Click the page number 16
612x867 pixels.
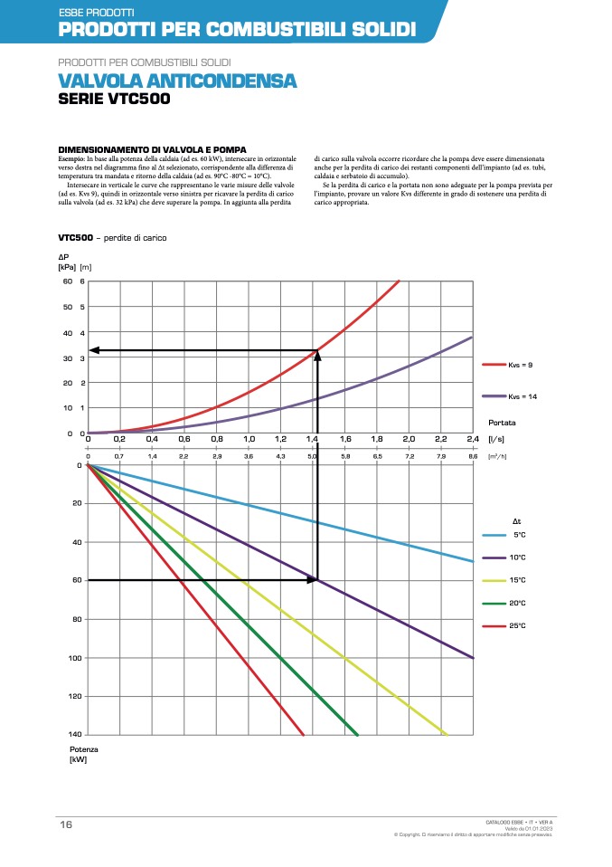point(66,824)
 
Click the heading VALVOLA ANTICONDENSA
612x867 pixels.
point(177,81)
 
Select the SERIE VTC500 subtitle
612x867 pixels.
point(113,99)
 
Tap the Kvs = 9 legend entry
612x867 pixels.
point(519,364)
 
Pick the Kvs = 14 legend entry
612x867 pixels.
point(521,396)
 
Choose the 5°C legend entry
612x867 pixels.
point(519,535)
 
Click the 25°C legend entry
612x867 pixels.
point(519,625)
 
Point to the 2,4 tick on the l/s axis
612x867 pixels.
point(472,439)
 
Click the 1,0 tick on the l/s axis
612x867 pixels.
point(249,439)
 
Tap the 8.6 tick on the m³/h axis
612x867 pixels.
point(472,457)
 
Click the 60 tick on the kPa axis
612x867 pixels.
point(67,281)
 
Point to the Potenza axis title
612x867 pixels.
point(83,750)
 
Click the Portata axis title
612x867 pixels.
point(502,423)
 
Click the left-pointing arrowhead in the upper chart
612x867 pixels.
point(94,350)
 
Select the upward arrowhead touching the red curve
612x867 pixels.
point(317,356)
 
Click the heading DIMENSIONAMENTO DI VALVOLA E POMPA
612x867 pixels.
point(152,149)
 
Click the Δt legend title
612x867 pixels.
point(517,521)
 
